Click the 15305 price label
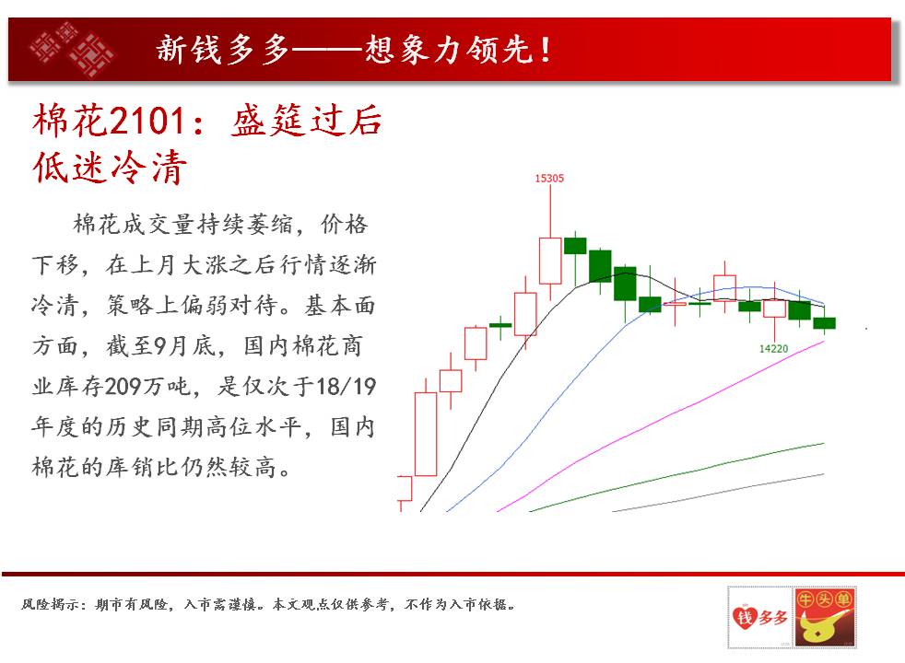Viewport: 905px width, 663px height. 549,178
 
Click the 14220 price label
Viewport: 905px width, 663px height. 773,348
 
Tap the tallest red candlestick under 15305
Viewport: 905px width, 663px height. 550,261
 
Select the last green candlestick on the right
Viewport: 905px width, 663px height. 824,323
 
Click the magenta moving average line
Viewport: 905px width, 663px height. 661,425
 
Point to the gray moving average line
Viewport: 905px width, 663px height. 718,493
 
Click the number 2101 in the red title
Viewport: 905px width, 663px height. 147,121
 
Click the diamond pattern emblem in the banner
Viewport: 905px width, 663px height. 71,49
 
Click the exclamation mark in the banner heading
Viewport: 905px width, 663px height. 545,50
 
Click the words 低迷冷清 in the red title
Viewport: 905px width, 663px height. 110,168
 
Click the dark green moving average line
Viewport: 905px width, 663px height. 676,477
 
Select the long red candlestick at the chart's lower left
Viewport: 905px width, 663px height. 426,434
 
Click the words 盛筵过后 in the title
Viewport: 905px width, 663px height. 307,121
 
